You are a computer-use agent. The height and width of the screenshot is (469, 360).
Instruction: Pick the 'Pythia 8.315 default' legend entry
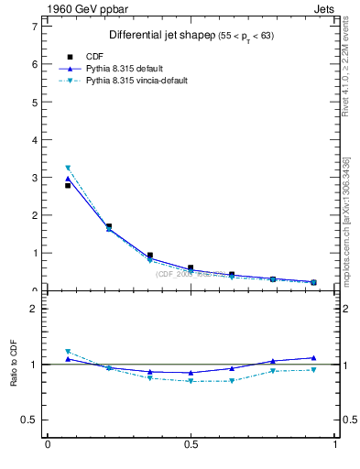pos(127,68)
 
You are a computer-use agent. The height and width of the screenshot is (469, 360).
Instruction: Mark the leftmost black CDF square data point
pos(68,186)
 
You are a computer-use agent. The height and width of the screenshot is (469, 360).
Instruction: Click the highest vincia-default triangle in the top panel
pos(68,168)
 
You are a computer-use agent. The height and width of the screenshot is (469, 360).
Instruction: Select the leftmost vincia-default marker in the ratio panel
pos(68,351)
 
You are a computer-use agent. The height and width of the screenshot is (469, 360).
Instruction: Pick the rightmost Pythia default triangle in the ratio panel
pos(313,358)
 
